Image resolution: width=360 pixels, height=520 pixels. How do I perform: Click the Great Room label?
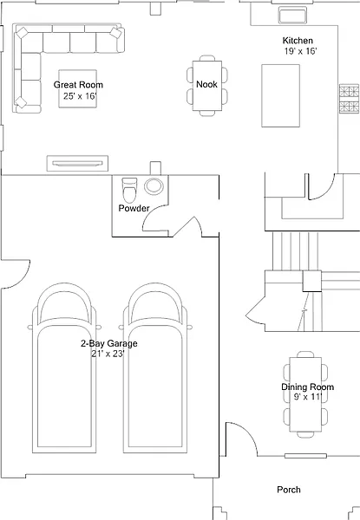pyautogui.click(x=78, y=85)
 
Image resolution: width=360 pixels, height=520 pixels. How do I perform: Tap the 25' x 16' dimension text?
pyautogui.click(x=80, y=96)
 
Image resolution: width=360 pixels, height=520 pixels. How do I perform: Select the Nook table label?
pyautogui.click(x=206, y=84)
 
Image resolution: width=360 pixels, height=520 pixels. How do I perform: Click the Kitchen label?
pyautogui.click(x=298, y=41)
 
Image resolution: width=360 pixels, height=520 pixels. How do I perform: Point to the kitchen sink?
pyautogui.click(x=292, y=16)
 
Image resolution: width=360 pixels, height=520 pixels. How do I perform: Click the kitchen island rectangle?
pyautogui.click(x=281, y=95)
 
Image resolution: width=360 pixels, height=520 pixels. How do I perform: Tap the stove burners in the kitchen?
pyautogui.click(x=350, y=99)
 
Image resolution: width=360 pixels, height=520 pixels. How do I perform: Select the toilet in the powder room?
pyautogui.click(x=129, y=190)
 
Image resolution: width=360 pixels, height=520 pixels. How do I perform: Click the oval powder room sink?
pyautogui.click(x=154, y=186)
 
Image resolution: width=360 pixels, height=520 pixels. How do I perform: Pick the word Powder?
pyautogui.click(x=134, y=208)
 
